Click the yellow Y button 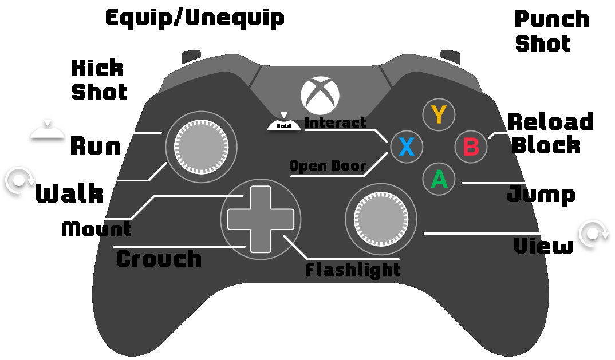(x=439, y=115)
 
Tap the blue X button (x=407, y=147)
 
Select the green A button (x=439, y=179)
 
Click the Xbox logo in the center (x=320, y=95)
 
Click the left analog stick (x=201, y=147)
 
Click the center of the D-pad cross (x=261, y=219)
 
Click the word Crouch (x=159, y=259)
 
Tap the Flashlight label (x=352, y=270)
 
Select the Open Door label (x=328, y=166)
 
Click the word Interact (x=335, y=122)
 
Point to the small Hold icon (x=284, y=122)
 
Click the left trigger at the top (x=191, y=56)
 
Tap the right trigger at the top (x=451, y=56)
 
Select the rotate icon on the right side (x=593, y=234)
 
